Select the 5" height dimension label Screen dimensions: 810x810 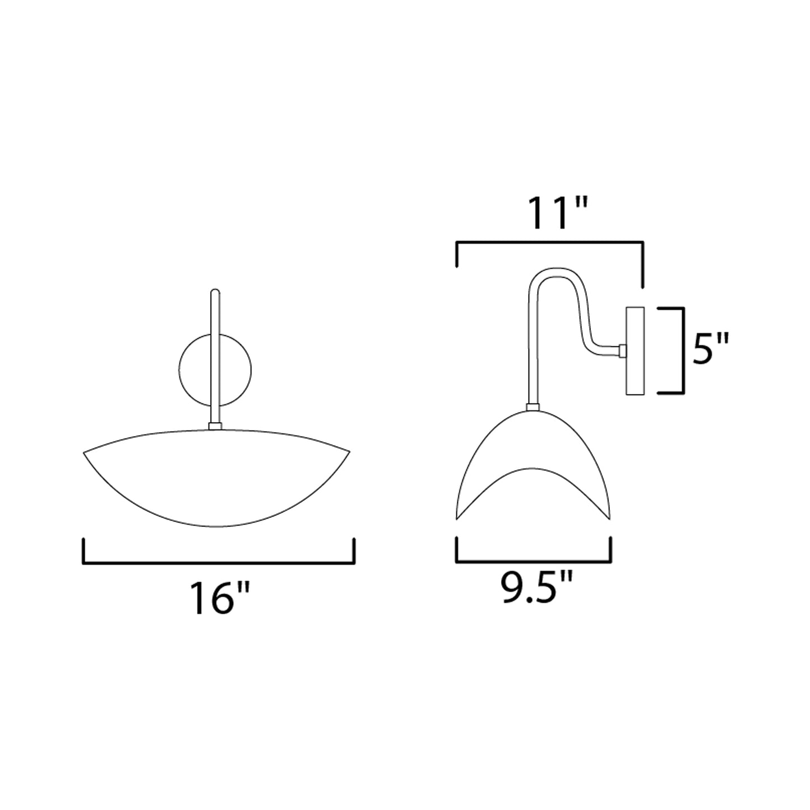(x=710, y=349)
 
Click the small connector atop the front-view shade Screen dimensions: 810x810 (x=215, y=426)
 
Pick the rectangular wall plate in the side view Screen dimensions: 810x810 (x=636, y=350)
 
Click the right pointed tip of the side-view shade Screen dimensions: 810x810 (x=610, y=517)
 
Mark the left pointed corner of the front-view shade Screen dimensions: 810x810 (x=85, y=452)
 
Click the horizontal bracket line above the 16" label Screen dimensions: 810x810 (x=219, y=563)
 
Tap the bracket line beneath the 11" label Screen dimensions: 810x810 (x=550, y=242)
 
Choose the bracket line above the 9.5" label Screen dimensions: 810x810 (x=534, y=561)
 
